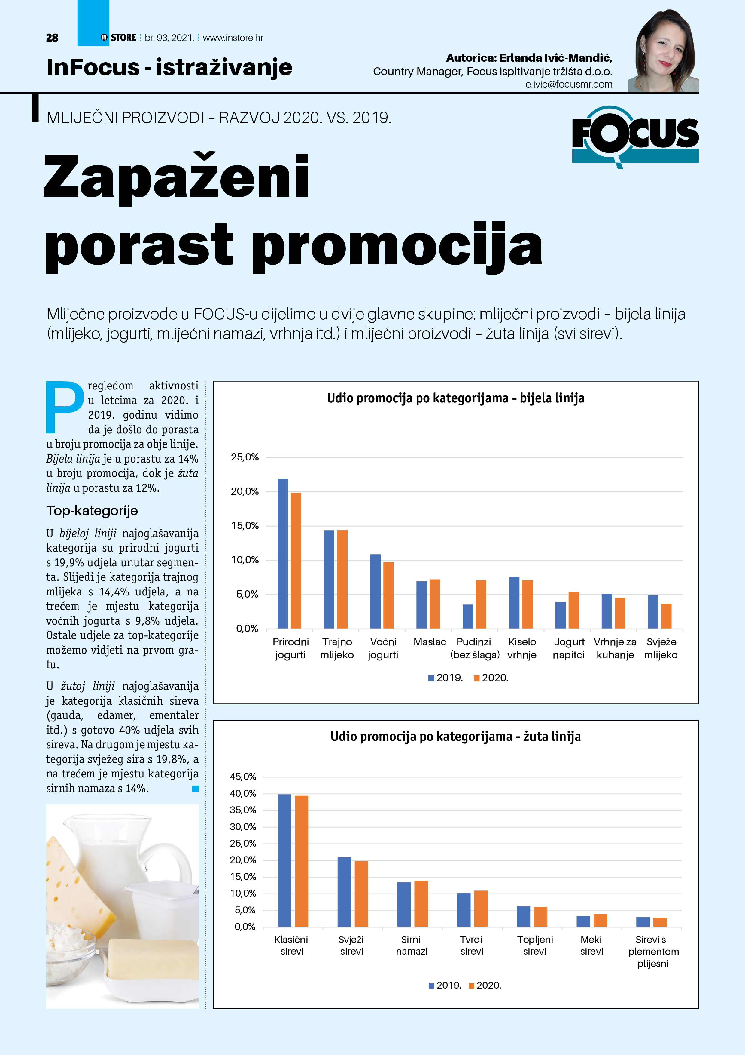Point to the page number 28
pyautogui.click(x=52, y=38)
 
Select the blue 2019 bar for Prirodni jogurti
pyautogui.click(x=283, y=553)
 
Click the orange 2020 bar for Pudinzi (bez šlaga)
pyautogui.click(x=481, y=604)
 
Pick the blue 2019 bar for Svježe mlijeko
pyautogui.click(x=653, y=612)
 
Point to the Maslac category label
pyautogui.click(x=430, y=642)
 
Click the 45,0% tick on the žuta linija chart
pyautogui.click(x=243, y=777)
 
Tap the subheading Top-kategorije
pyautogui.click(x=92, y=510)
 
